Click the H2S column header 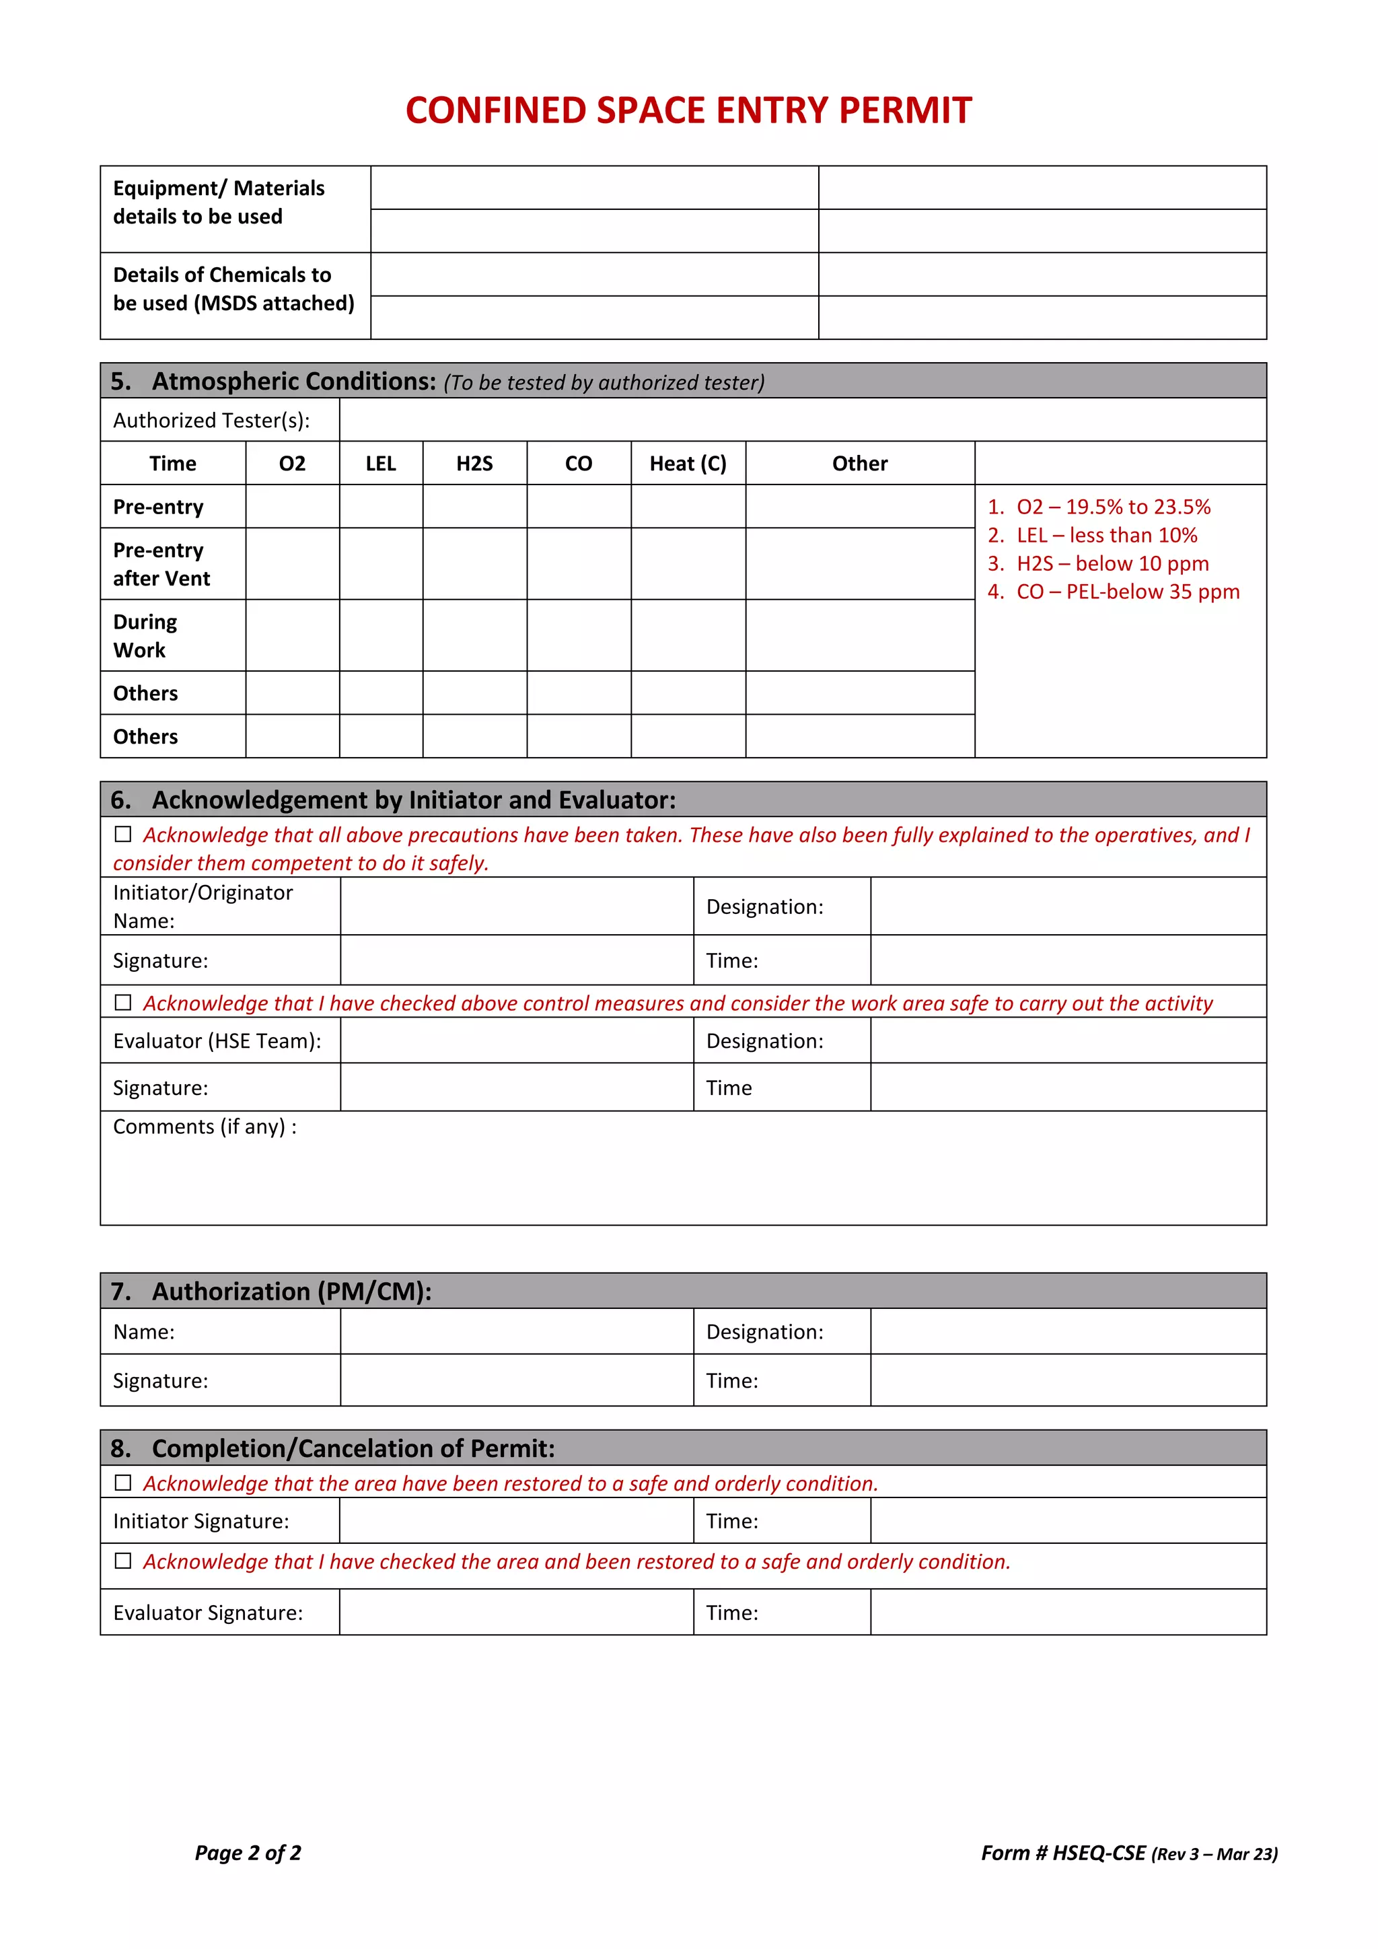coord(474,464)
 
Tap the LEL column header coord(380,464)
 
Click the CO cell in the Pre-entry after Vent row coord(579,564)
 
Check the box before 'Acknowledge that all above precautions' coord(123,835)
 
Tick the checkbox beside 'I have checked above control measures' coord(123,1003)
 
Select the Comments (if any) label coord(205,1127)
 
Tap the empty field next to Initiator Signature coord(516,1520)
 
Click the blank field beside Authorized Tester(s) coord(802,420)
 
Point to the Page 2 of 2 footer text coord(248,1852)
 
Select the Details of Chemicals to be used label coord(233,289)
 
